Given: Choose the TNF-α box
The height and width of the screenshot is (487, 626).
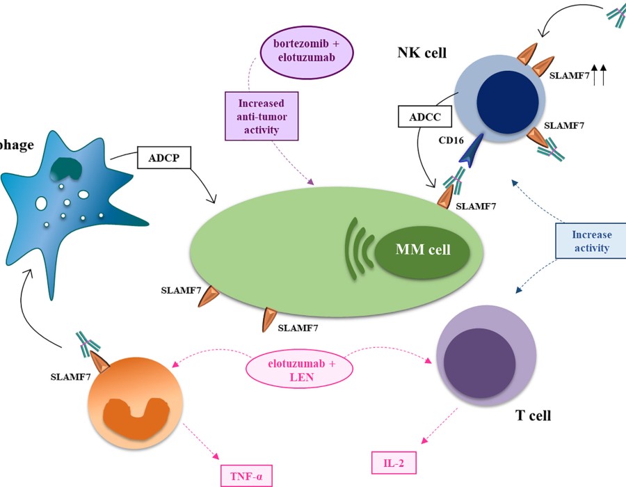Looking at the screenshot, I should point(245,476).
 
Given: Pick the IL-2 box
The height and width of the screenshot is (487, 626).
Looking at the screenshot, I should point(393,460).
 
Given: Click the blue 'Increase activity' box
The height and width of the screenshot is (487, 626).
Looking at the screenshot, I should point(591,241).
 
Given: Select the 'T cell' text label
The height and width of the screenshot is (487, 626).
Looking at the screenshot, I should point(533,416).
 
